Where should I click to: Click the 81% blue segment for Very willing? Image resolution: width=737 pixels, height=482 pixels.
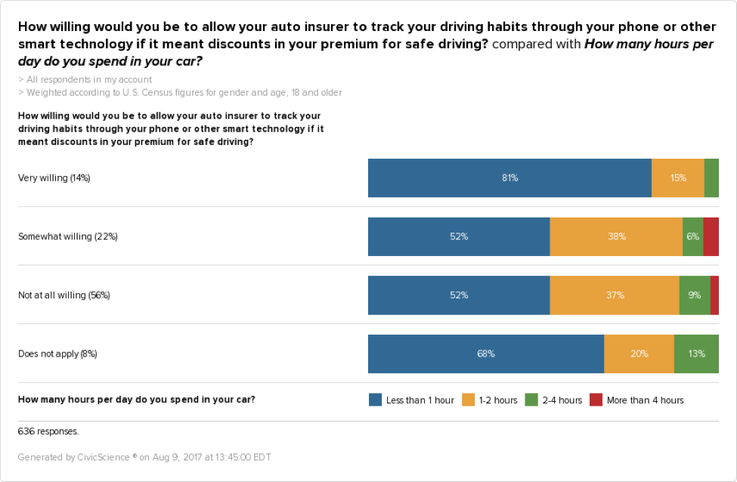pyautogui.click(x=509, y=178)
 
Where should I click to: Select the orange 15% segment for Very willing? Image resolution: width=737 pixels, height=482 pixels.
pyautogui.click(x=678, y=178)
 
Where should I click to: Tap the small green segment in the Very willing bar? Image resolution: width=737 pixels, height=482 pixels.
pyautogui.click(x=711, y=178)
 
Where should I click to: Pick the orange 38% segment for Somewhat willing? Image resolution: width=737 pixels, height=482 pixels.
pyautogui.click(x=616, y=236)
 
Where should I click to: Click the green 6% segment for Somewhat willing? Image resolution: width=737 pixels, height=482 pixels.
pyautogui.click(x=692, y=236)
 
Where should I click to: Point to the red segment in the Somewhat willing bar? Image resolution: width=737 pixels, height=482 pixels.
pyautogui.click(x=711, y=236)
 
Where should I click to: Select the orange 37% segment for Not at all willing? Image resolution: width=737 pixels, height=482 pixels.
pyautogui.click(x=615, y=295)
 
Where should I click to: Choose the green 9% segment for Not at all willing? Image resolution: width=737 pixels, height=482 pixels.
pyautogui.click(x=695, y=295)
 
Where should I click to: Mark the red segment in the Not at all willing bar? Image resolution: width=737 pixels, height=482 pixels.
pyautogui.click(x=714, y=295)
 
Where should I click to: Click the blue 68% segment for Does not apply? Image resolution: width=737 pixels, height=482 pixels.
pyautogui.click(x=486, y=354)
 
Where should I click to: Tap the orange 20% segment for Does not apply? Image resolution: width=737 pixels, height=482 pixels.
pyautogui.click(x=639, y=354)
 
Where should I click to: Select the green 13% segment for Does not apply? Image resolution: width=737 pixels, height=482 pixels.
pyautogui.click(x=696, y=354)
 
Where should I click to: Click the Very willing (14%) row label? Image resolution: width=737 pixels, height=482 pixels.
pyautogui.click(x=54, y=178)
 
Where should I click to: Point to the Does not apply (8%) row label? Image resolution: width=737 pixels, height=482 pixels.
pyautogui.click(x=57, y=354)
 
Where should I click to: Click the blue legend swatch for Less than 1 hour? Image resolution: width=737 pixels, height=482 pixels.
pyautogui.click(x=375, y=400)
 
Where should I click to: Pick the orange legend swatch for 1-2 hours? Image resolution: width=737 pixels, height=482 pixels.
pyautogui.click(x=469, y=400)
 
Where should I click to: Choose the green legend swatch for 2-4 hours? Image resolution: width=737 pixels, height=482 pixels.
pyautogui.click(x=531, y=400)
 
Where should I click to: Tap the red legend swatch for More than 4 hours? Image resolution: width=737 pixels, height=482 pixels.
pyautogui.click(x=596, y=400)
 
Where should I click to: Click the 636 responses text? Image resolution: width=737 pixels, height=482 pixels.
pyautogui.click(x=48, y=432)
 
